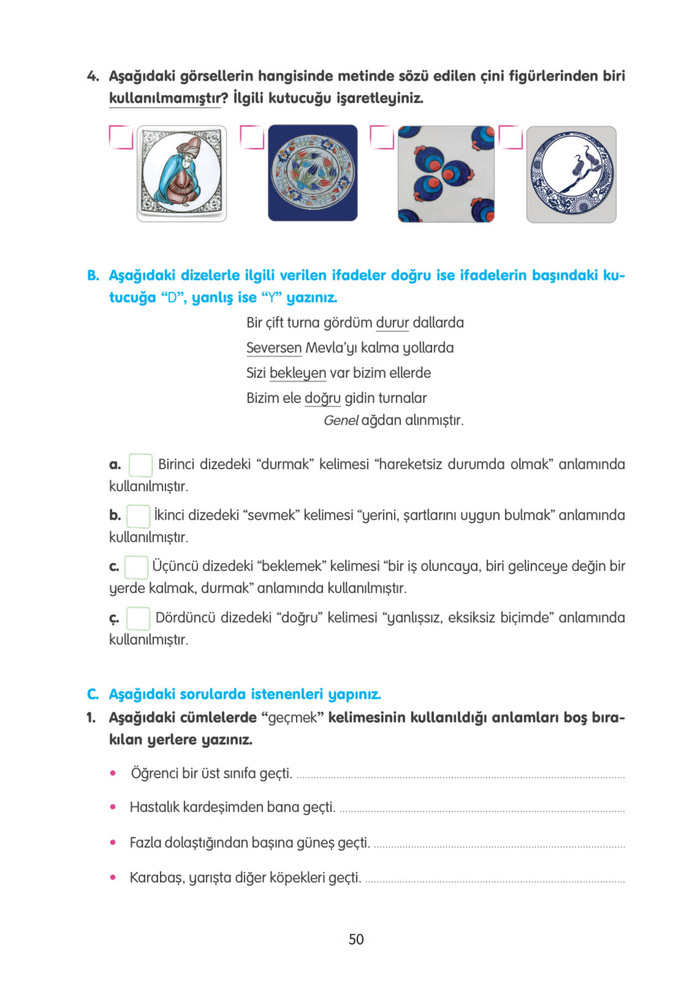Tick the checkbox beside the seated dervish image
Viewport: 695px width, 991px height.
121,137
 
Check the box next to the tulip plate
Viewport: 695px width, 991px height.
252,137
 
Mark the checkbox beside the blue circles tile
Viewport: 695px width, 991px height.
382,137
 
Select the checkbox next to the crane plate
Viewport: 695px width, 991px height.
510,137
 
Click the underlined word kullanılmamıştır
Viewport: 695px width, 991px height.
164,99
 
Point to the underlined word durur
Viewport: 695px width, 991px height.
392,323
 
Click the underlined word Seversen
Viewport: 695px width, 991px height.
273,348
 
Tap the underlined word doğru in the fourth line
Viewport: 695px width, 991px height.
322,398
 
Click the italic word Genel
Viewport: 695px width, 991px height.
340,420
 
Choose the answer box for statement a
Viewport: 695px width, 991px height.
140,465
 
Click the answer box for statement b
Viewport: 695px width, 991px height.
138,516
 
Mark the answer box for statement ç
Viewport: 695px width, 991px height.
138,618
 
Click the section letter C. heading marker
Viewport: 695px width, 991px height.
92,695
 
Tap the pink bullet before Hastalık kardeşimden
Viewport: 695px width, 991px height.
113,807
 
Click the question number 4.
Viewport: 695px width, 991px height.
92,76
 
